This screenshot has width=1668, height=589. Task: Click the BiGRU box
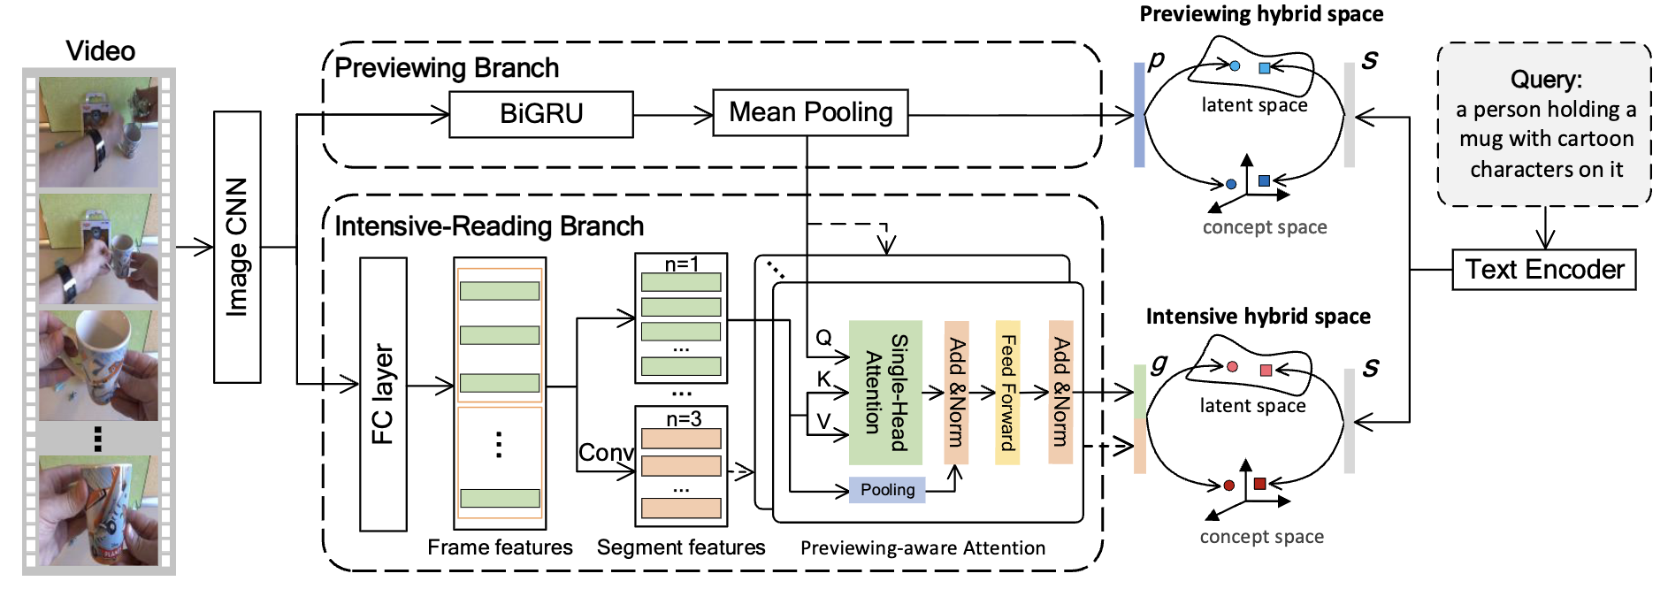(541, 114)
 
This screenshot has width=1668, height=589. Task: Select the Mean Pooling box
(810, 112)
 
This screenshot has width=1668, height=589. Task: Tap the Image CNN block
(237, 247)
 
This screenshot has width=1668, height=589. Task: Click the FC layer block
(383, 394)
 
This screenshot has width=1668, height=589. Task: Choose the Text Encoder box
(1544, 270)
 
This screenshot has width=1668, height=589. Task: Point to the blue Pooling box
(887, 490)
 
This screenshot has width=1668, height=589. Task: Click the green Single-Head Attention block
(885, 393)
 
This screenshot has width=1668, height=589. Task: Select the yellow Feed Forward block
(1007, 393)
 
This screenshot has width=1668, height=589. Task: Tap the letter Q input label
(823, 337)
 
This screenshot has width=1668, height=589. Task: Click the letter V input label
(823, 421)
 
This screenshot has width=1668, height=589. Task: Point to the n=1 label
(682, 264)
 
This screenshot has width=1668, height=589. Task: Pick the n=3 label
(684, 418)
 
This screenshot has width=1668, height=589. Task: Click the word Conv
(606, 453)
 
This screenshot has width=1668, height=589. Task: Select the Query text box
(1545, 125)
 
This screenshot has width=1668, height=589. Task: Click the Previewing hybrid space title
(1261, 14)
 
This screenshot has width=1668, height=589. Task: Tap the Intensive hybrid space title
(1258, 317)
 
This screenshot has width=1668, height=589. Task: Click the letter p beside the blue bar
(1156, 60)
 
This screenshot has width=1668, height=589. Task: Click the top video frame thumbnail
(98, 132)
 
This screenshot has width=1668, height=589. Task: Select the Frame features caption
(500, 547)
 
